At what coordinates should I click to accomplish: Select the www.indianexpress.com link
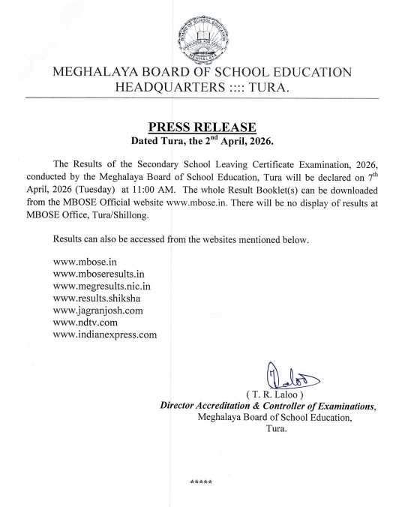(x=106, y=335)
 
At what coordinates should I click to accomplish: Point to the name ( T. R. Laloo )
(x=276, y=395)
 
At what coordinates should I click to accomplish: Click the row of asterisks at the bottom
(x=202, y=481)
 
